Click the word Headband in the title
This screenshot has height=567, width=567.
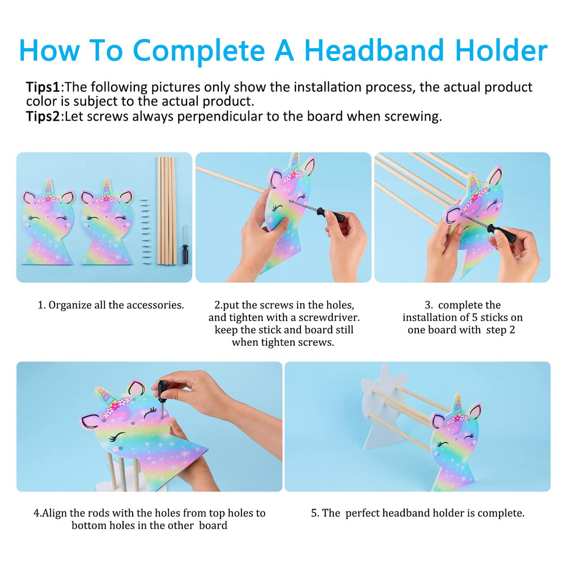click(374, 50)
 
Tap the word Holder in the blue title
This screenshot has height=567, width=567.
click(501, 50)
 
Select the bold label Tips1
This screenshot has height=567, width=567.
click(43, 87)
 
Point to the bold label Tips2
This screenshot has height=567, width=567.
click(43, 117)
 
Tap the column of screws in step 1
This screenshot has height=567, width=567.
click(145, 232)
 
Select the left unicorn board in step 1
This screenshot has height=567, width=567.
click(48, 222)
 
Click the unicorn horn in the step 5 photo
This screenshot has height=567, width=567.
click(458, 405)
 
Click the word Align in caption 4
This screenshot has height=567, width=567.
click(54, 514)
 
